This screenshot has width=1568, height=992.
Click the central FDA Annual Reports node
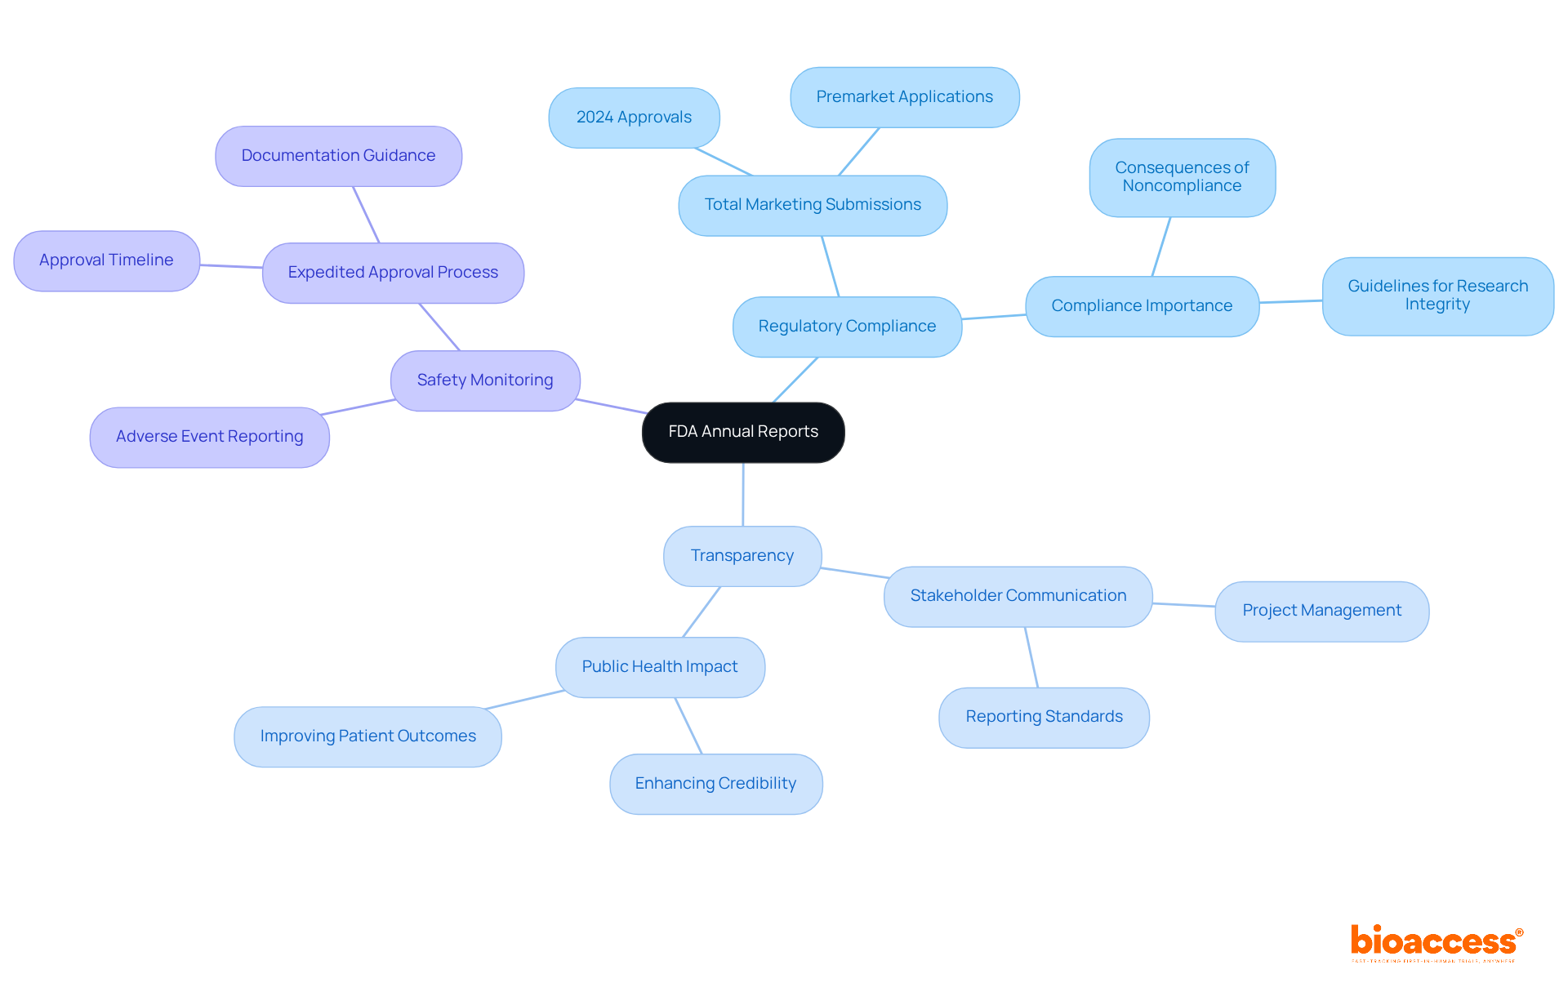click(743, 432)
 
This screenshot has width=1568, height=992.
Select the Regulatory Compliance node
click(847, 327)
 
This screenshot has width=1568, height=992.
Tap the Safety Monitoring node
click(485, 380)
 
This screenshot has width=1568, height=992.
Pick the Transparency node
click(742, 556)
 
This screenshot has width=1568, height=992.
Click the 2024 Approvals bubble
click(634, 118)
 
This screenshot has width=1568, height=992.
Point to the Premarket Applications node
click(904, 97)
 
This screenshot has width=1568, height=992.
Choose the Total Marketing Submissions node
click(813, 205)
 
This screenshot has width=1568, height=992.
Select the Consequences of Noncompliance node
click(1182, 177)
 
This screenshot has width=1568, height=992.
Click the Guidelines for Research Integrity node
click(1437, 296)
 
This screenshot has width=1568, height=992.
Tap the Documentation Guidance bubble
click(338, 156)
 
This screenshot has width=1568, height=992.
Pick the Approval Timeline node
click(106, 260)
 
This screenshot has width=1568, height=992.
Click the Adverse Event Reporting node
click(209, 437)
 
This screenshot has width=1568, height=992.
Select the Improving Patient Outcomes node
click(367, 736)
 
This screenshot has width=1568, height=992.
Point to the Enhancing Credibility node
click(715, 784)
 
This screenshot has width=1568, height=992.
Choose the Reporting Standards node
click(1044, 717)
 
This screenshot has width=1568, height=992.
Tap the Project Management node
click(1321, 611)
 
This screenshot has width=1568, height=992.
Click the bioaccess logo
click(1436, 942)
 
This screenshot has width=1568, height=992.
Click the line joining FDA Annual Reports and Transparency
click(743, 495)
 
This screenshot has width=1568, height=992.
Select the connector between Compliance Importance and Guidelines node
click(1290, 301)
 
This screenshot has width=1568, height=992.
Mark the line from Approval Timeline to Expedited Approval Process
click(231, 266)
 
